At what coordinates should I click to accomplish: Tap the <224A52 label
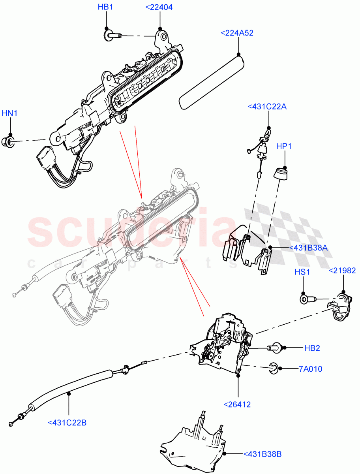pos(237,33)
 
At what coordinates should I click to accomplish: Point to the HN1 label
pos(9,113)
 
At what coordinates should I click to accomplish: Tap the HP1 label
pos(284,146)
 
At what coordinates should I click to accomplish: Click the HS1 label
pos(302,272)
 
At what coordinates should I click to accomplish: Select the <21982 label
pos(342,271)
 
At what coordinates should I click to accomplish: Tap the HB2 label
pos(312,348)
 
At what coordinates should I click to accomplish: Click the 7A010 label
pos(310,369)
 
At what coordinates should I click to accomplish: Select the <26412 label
pos(237,404)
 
